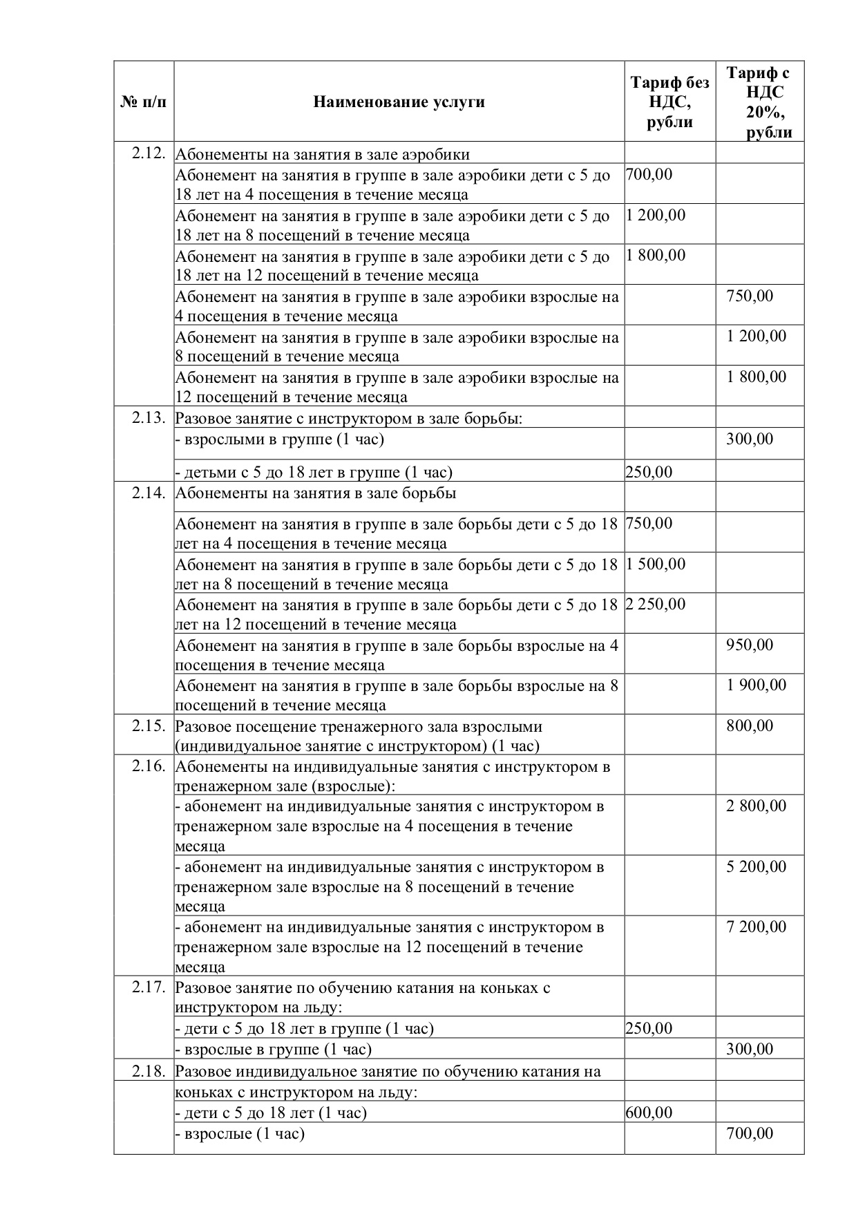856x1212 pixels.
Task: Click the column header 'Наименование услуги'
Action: click(399, 102)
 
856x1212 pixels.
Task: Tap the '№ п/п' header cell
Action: click(143, 102)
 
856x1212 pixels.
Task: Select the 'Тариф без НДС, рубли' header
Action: click(669, 102)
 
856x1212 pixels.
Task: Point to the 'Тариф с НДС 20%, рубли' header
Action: click(759, 102)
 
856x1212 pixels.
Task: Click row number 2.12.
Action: click(149, 153)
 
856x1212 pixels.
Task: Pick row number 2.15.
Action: click(149, 726)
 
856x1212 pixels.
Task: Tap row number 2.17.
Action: click(149, 987)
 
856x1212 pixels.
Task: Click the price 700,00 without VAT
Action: click(649, 174)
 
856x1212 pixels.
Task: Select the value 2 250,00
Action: click(656, 604)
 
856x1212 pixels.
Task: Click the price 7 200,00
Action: click(756, 927)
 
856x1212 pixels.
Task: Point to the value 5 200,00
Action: click(756, 867)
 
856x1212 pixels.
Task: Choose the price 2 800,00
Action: click(756, 806)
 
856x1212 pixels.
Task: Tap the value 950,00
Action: click(750, 645)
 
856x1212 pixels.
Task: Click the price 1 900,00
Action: click(756, 685)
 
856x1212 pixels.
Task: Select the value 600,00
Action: click(649, 1112)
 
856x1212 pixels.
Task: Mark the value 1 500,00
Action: click(656, 564)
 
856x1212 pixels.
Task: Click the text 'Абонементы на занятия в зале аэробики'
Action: click(323, 154)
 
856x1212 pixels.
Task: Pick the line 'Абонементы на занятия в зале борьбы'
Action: click(316, 493)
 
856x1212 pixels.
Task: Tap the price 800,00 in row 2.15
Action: click(750, 726)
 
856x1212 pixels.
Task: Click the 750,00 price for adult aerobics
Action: click(750, 296)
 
